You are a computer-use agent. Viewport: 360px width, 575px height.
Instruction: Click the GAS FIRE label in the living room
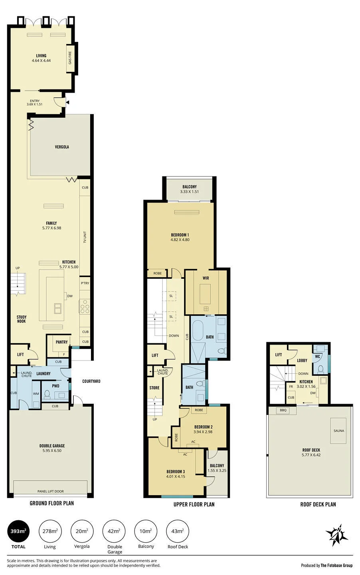[70, 58]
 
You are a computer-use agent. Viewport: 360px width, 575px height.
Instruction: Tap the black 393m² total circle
[18, 531]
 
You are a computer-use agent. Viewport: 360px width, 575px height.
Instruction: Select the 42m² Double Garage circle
[115, 531]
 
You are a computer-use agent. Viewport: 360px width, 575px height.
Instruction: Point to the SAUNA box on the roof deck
[338, 431]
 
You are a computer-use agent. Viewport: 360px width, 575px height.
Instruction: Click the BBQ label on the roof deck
[283, 410]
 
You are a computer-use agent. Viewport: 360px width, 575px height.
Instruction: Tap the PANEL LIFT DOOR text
[51, 491]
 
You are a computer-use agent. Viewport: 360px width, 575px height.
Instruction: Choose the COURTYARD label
[91, 381]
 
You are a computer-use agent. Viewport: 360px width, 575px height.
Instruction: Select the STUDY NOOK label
[22, 319]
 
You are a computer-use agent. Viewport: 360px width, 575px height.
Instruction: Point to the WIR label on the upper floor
[206, 278]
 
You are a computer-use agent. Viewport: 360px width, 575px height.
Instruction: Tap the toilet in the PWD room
[47, 395]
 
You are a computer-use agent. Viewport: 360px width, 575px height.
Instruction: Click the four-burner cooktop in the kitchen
[85, 306]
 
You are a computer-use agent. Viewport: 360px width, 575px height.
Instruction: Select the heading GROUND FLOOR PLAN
[52, 503]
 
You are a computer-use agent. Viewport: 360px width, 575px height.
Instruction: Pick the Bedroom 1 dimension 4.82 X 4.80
[180, 240]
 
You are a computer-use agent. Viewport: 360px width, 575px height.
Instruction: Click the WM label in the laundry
[36, 394]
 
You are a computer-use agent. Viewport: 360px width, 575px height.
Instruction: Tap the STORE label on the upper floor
[154, 388]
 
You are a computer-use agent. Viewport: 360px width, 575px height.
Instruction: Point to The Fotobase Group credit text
[336, 565]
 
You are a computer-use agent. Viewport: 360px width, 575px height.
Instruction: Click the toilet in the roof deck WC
[320, 369]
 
